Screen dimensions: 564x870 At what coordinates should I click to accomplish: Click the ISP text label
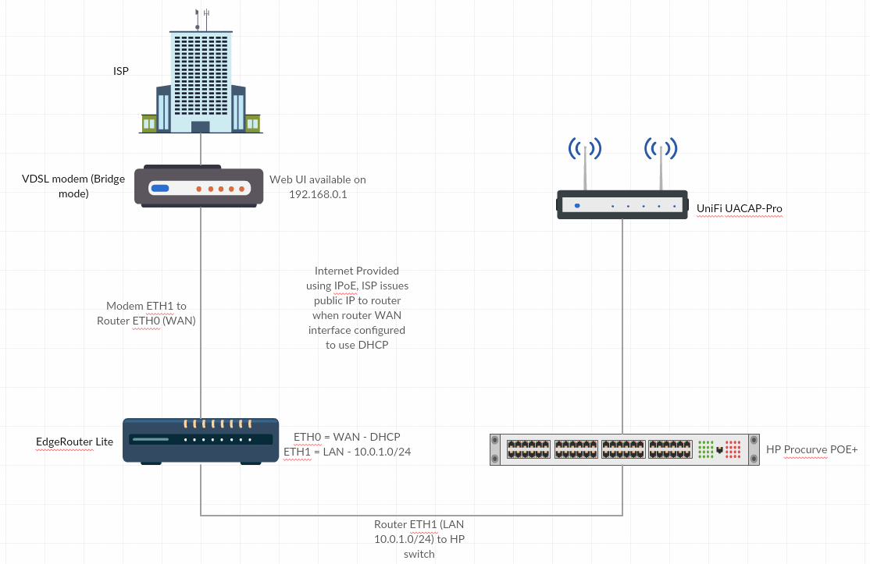pos(121,71)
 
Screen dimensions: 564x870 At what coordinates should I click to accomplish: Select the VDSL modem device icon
pos(200,186)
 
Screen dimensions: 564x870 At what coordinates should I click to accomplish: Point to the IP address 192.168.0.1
pos(318,194)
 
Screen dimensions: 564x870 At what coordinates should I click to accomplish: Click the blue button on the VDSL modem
pos(160,189)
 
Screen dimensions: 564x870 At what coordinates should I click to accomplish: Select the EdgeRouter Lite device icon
pos(201,442)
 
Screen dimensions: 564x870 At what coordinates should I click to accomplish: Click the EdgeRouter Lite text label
pos(74,442)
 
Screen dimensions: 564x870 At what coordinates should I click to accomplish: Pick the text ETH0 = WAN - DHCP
pos(347,437)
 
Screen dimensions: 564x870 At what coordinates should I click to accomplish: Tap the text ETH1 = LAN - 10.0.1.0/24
pos(347,451)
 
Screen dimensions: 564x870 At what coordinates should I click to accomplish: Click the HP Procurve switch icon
pos(624,449)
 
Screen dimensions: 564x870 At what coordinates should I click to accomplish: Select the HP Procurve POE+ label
pos(811,449)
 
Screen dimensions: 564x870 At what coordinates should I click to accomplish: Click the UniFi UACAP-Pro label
pos(739,208)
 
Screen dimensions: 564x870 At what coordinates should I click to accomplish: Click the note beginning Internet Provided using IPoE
pos(357,307)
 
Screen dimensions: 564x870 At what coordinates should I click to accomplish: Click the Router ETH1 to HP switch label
pos(419,539)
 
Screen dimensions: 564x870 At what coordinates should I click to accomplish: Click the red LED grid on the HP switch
pos(733,449)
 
